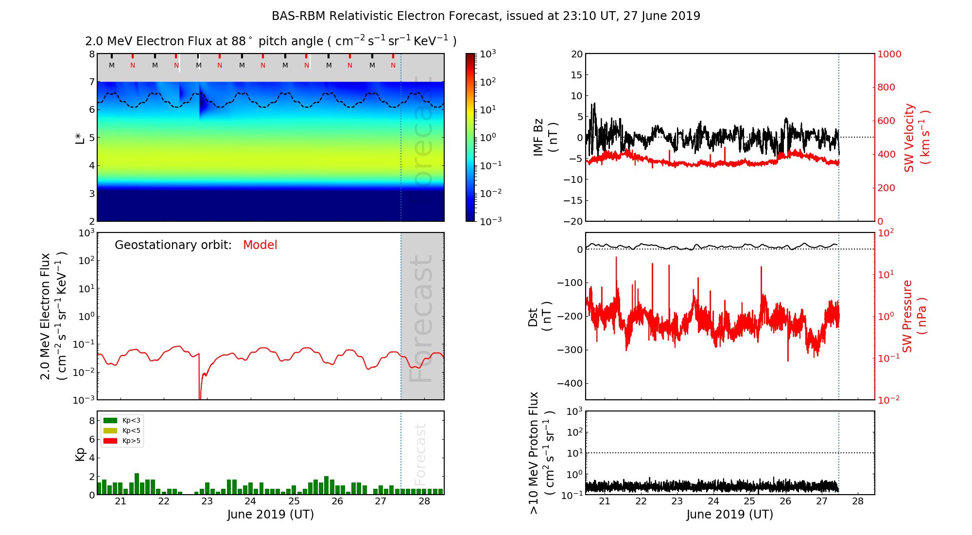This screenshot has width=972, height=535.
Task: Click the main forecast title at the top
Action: [x=486, y=16]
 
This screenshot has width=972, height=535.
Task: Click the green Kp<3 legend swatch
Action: [x=110, y=420]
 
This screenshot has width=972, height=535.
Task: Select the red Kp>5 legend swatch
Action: [x=110, y=441]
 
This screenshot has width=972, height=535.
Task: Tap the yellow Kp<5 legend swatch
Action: [x=110, y=430]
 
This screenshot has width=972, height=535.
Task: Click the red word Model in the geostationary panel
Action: [x=260, y=245]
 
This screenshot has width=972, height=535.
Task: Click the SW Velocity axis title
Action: [x=917, y=138]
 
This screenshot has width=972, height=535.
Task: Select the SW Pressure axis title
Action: [x=914, y=316]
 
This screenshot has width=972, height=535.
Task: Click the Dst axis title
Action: [x=539, y=316]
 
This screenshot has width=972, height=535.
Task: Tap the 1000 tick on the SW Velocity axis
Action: [x=889, y=54]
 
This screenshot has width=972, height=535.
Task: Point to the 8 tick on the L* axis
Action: [x=91, y=54]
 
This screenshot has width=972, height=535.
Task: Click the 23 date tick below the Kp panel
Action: [x=207, y=501]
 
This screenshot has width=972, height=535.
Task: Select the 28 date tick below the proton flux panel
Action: [x=858, y=501]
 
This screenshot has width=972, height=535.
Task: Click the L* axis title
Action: [x=80, y=137]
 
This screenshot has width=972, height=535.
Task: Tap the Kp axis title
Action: [x=80, y=454]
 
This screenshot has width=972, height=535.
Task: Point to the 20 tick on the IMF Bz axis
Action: [x=576, y=54]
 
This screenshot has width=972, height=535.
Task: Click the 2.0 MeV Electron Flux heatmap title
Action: [x=271, y=41]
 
